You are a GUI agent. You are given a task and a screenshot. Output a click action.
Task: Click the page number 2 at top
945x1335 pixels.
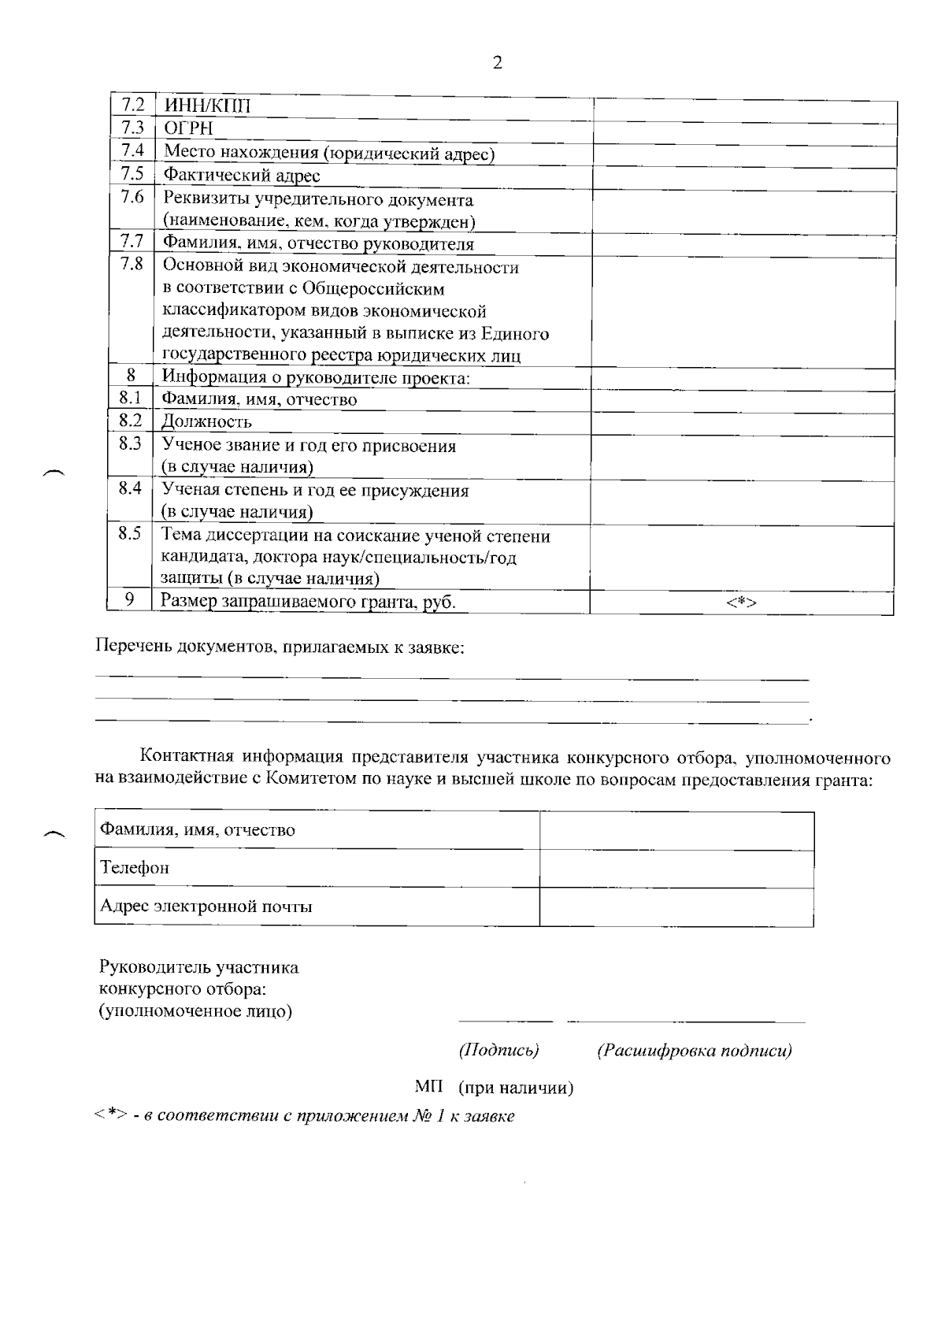point(497,64)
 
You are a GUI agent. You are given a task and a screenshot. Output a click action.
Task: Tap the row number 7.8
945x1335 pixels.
point(132,264)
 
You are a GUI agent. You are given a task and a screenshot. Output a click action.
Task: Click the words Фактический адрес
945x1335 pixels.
point(241,175)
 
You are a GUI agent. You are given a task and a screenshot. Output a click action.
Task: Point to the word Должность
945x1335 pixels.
point(206,421)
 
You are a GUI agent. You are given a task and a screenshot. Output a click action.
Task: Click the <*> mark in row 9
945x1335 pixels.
point(741,603)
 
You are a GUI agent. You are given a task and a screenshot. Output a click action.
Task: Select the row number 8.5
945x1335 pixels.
point(130,533)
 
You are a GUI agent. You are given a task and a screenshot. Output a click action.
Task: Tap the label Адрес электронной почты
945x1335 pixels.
point(206,907)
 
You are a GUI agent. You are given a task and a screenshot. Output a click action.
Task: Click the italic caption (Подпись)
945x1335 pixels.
point(498,1050)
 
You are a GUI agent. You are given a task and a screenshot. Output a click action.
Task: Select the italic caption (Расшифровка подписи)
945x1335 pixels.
point(694,1050)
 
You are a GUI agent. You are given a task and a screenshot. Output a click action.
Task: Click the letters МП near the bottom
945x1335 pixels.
point(428,1088)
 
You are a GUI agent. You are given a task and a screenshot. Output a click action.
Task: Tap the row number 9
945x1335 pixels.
point(130,600)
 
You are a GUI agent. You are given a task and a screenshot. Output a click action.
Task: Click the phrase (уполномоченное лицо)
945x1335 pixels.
point(195,1011)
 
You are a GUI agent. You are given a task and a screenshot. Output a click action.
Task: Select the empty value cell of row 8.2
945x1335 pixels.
point(743,423)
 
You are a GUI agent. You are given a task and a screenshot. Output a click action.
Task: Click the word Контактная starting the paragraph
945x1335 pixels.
point(185,758)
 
